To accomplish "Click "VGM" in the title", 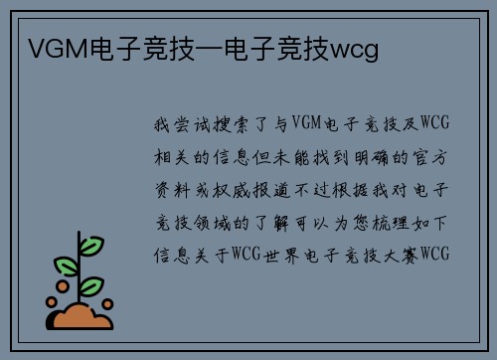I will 50,48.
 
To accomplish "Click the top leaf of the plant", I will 91,245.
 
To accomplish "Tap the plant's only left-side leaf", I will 68,266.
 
